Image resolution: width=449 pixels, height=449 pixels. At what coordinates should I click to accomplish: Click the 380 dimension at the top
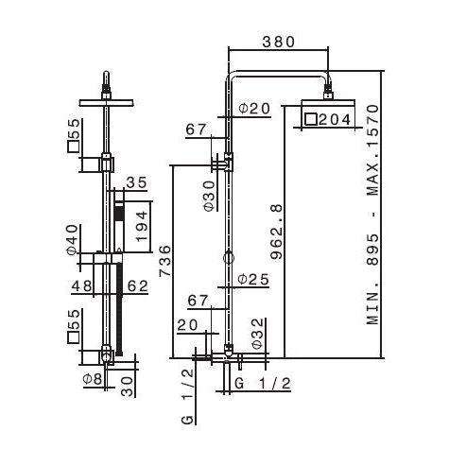coord(278,42)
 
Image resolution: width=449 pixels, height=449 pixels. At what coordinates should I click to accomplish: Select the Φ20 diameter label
coord(254,109)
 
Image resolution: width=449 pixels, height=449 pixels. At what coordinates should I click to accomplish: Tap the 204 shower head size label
coord(335,119)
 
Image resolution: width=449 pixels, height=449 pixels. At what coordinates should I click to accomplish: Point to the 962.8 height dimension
coord(277,233)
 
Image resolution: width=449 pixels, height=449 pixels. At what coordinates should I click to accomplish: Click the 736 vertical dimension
coord(165,261)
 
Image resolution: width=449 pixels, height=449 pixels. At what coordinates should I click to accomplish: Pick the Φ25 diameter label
coord(253,279)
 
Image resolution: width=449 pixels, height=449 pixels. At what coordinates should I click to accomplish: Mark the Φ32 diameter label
coord(257,334)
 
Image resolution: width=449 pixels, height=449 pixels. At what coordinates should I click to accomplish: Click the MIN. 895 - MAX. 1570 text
coord(373,215)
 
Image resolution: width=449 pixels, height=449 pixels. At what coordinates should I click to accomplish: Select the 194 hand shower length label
coord(142,226)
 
